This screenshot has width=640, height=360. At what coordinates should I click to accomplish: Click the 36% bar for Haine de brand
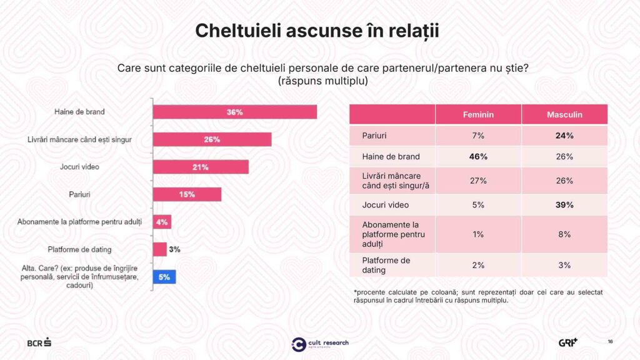pyautogui.click(x=235, y=112)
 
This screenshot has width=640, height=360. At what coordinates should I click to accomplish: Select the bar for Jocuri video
pyautogui.click(x=201, y=167)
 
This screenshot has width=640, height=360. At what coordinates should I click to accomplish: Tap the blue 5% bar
pyautogui.click(x=164, y=277)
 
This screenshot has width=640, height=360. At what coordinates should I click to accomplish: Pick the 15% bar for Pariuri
pyautogui.click(x=187, y=194)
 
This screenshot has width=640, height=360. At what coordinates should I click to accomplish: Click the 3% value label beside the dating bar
pyautogui.click(x=174, y=249)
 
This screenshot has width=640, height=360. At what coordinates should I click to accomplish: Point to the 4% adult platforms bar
pyautogui.click(x=162, y=222)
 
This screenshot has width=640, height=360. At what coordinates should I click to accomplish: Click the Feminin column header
pyautogui.click(x=478, y=114)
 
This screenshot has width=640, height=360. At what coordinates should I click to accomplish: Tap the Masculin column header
pyautogui.click(x=564, y=114)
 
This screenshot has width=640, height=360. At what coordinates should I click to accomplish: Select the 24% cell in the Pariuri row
pyautogui.click(x=564, y=136)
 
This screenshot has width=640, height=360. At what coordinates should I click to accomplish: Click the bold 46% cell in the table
pyautogui.click(x=478, y=156)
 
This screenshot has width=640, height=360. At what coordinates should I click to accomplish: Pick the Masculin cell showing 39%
pyautogui.click(x=564, y=204)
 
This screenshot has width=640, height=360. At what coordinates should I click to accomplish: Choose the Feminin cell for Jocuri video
pyautogui.click(x=478, y=204)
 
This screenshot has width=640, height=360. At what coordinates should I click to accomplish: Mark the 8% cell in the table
pyautogui.click(x=564, y=234)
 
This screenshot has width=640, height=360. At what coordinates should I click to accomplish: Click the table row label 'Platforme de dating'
pyautogui.click(x=386, y=265)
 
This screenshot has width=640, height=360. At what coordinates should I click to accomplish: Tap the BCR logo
pyautogui.click(x=39, y=342)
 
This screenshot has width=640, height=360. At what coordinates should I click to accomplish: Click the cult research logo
pyautogui.click(x=320, y=344)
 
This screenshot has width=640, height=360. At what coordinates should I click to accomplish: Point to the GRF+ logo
pyautogui.click(x=568, y=342)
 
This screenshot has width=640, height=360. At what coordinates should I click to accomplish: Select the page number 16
pyautogui.click(x=610, y=341)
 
